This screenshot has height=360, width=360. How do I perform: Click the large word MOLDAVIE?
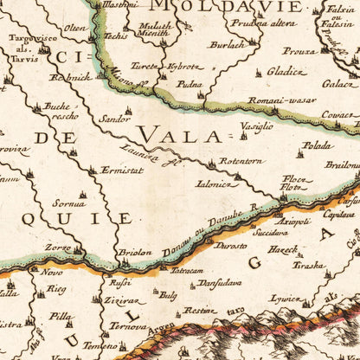pos(228,8)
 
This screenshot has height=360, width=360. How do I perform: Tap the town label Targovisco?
pos(29,39)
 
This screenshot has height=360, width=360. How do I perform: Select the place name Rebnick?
pos(74,76)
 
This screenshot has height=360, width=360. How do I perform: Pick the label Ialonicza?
pos(213,183)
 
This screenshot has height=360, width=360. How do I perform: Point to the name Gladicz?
pos(286,72)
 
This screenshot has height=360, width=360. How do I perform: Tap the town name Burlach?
pos(229,44)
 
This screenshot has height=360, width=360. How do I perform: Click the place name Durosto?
pos(230,246)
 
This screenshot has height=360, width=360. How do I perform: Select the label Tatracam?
pos(186,271)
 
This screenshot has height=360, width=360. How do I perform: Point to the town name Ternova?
pos(128,329)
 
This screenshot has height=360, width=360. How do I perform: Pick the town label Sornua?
pos(69,203)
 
